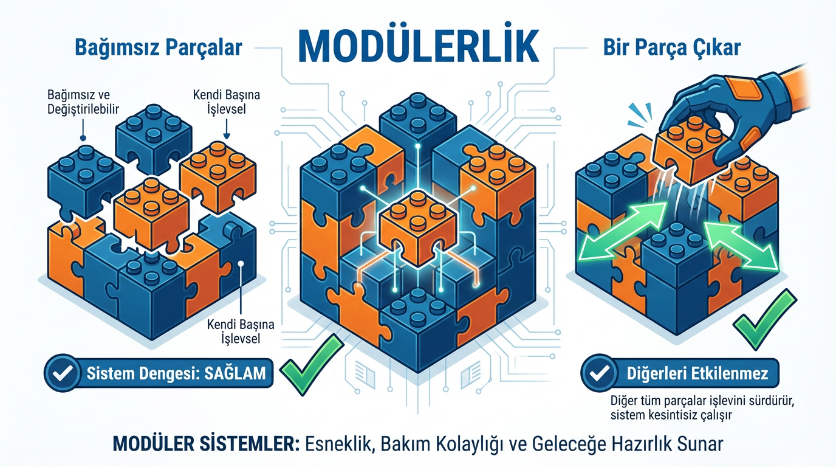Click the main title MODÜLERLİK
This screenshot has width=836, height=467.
(419, 47)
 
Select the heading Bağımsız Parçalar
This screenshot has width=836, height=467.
(159, 48)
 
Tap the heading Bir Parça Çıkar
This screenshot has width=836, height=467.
(672, 48)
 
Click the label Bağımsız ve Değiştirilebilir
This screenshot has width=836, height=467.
(83, 102)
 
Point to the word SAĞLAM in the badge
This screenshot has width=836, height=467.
(236, 373)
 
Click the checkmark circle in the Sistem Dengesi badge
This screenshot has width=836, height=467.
(63, 373)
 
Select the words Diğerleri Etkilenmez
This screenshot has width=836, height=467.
(697, 373)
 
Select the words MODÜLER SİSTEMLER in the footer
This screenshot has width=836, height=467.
(205, 444)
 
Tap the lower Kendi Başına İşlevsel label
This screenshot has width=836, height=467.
(241, 331)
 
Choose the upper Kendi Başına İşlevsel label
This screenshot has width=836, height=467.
(227, 102)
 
